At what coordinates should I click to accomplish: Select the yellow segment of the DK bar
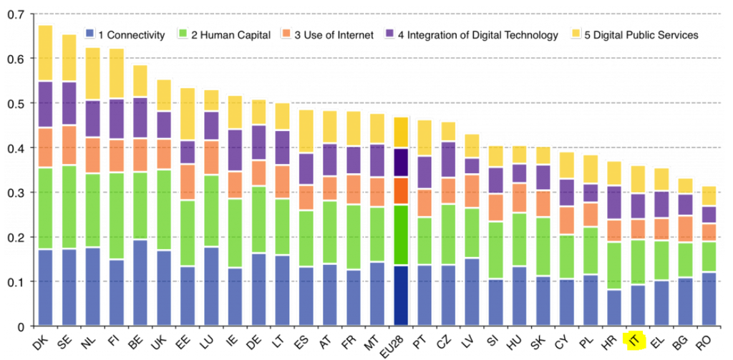[x=45, y=53]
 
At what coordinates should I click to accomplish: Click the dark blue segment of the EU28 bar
[x=401, y=296]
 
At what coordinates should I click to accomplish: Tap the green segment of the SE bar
[x=69, y=207]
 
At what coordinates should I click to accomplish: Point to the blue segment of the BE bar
[x=140, y=283]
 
